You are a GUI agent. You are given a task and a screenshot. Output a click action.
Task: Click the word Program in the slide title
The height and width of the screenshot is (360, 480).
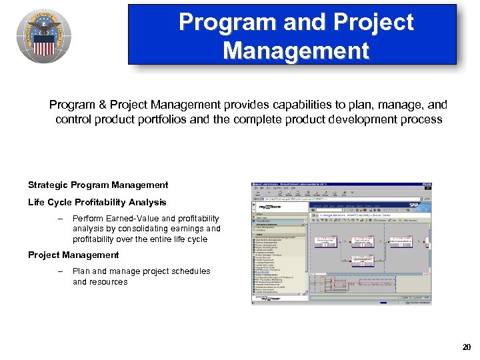221,23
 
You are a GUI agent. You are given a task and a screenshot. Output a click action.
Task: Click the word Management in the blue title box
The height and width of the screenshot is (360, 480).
296,50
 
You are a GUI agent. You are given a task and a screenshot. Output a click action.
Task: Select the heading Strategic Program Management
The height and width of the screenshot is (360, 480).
98,185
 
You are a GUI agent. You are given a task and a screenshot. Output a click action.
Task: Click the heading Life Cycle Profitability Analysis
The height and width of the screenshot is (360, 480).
97,202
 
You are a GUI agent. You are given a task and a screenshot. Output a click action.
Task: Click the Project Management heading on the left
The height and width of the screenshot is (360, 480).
73,255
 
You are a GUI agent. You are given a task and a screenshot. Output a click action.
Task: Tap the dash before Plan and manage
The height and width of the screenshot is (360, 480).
60,271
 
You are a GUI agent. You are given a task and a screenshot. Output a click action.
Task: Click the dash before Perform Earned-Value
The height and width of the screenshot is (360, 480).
60,218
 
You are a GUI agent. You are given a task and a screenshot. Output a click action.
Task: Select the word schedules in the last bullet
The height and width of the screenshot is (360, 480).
191,271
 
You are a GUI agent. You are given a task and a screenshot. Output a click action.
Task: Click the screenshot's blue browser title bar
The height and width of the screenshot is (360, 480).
341,185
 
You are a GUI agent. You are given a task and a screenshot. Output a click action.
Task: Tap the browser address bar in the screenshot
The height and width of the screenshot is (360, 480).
333,198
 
